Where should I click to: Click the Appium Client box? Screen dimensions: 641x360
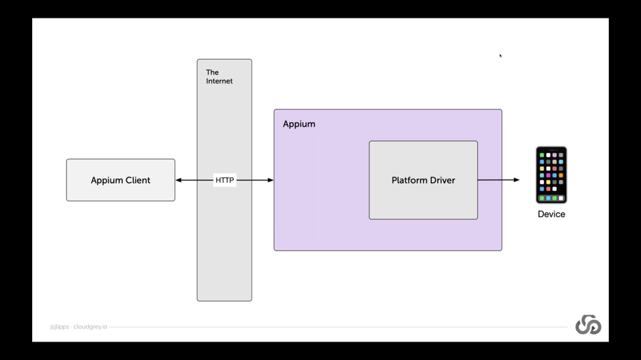click(120, 180)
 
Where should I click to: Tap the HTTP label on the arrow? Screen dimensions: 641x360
click(225, 180)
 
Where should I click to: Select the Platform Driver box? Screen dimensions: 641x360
click(423, 180)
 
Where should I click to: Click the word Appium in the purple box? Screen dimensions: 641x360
click(299, 124)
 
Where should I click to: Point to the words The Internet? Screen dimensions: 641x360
click(219, 77)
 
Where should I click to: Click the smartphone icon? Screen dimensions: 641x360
click(552, 175)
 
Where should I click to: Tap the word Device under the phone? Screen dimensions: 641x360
click(552, 214)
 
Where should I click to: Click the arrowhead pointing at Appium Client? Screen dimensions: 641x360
click(179, 180)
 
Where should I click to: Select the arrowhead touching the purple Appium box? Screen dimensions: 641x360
click(271, 180)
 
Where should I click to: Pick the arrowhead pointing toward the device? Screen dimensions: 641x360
click(517, 180)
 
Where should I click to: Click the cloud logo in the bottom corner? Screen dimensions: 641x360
click(588, 325)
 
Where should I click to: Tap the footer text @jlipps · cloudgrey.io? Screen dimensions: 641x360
click(78, 327)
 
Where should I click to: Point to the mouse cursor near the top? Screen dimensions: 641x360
click(500, 56)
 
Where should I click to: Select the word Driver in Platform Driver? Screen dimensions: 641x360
click(442, 180)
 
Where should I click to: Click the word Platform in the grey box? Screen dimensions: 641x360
click(409, 180)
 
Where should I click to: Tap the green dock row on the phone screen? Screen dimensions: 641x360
click(552, 198)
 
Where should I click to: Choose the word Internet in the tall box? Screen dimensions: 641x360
click(219, 81)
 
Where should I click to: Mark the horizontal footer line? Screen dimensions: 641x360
click(338, 327)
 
